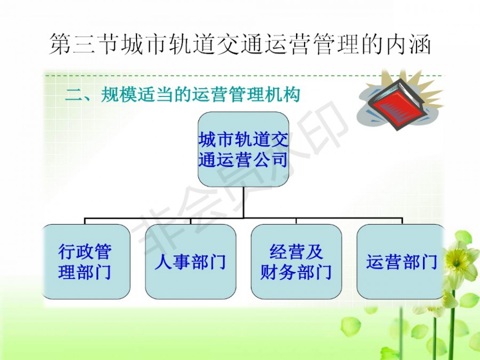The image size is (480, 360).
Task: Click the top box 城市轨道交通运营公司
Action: [x=243, y=149]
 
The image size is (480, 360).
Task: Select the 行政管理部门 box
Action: [x=85, y=262]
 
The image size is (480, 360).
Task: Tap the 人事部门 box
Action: [x=190, y=262]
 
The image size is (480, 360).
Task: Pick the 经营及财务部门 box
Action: [x=297, y=262]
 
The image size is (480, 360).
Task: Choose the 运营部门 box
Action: [x=402, y=262]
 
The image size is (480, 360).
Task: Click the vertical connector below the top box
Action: [x=243, y=202]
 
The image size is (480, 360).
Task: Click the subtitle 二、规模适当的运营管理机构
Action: [x=182, y=94]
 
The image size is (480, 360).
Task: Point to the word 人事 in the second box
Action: [x=172, y=262]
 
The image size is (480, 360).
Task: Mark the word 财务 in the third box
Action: [x=278, y=272]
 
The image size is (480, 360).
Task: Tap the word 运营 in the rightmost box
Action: [x=384, y=262]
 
